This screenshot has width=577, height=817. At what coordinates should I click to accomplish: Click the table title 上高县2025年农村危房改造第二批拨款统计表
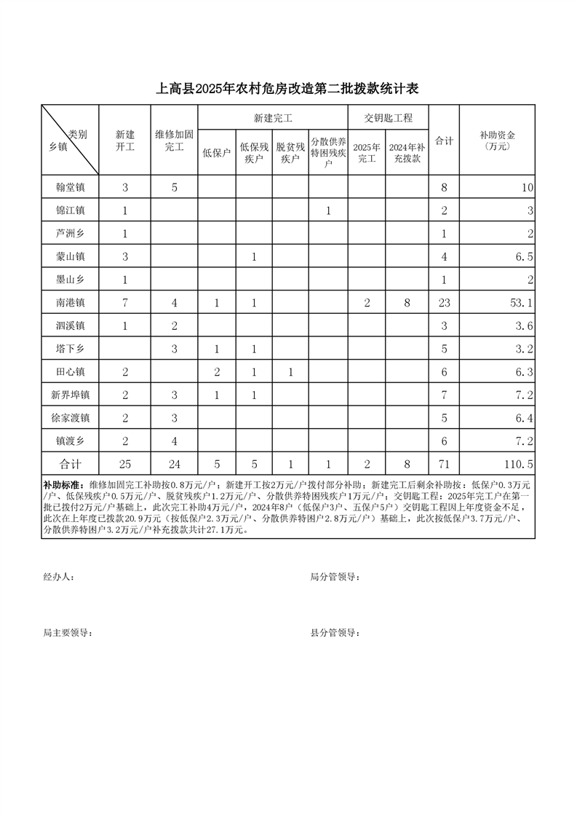(288, 89)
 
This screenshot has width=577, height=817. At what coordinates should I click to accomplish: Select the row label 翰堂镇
(70, 187)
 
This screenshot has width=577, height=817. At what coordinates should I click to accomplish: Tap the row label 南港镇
(70, 302)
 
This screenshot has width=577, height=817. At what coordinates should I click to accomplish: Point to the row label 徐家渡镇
(70, 418)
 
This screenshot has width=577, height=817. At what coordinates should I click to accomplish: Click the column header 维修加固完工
(175, 141)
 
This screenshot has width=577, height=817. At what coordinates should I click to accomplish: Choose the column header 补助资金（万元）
(498, 141)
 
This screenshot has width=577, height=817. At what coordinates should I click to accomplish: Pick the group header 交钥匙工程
(388, 117)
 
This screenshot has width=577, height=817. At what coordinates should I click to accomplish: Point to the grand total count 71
(444, 464)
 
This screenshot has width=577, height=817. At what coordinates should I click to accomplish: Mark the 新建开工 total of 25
(125, 464)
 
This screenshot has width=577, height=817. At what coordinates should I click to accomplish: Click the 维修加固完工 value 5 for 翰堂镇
(175, 187)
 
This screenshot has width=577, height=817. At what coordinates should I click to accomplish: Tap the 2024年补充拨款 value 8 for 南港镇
(407, 302)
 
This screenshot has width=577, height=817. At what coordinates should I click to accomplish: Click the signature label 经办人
(59, 577)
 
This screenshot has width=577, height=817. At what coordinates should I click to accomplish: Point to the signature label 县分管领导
(335, 633)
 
